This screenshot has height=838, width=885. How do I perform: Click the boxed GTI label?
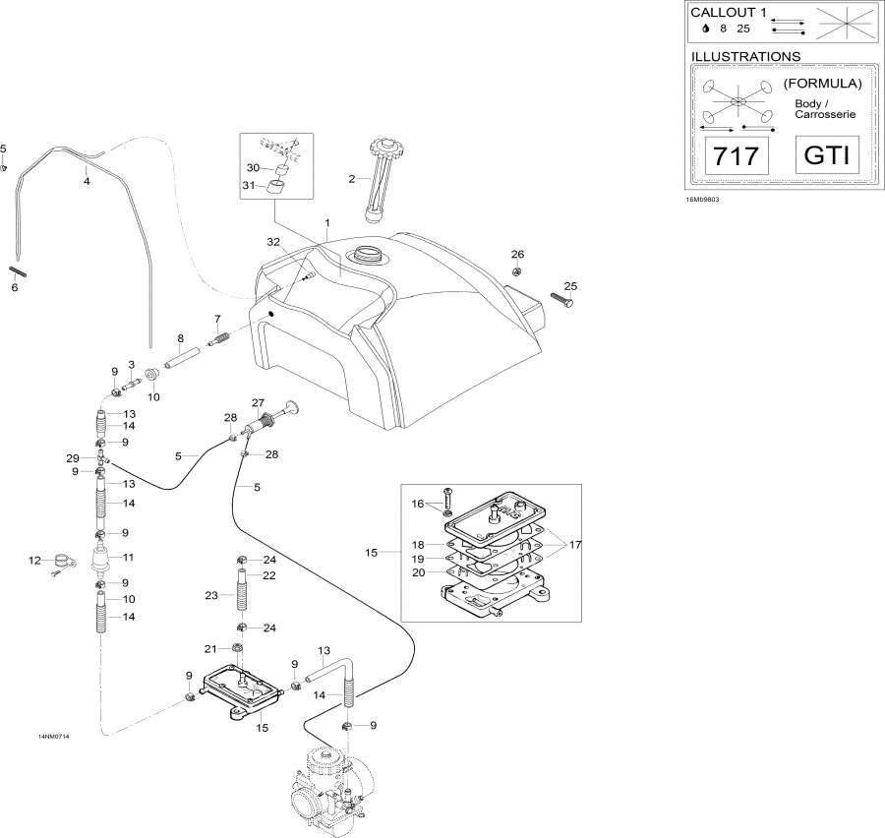[x=826, y=155]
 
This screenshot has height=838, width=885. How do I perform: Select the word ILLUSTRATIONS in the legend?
[x=746, y=57]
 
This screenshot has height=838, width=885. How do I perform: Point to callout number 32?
[x=272, y=241]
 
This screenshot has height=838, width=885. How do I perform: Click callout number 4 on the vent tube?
[x=87, y=181]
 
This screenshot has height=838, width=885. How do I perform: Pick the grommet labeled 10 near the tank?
[x=153, y=375]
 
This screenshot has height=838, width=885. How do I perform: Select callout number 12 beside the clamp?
[x=35, y=561]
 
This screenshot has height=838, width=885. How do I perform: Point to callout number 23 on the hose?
[x=210, y=594]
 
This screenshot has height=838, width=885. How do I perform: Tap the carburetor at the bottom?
[x=329, y=788]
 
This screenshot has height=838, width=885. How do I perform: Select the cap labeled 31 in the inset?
[x=278, y=187]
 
